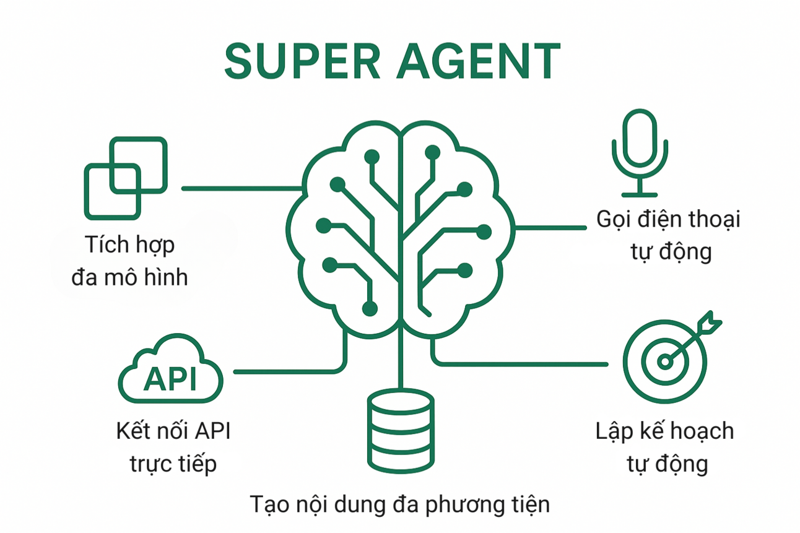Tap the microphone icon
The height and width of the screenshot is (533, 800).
point(640,152)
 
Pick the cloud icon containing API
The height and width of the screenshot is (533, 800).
point(170,371)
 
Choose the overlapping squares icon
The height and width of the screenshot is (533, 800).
point(126,178)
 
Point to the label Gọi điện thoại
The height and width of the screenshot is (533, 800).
point(668,219)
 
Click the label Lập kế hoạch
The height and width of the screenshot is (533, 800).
point(664,431)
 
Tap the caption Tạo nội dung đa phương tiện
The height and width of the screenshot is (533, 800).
point(400,504)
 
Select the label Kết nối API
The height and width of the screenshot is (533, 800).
point(173,431)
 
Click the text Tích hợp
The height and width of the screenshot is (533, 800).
point(129,244)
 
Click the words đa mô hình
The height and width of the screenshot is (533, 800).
point(129,277)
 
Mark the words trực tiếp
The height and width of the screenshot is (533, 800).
point(173,463)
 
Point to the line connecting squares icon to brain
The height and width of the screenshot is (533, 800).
point(241,188)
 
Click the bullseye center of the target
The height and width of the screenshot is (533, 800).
point(664,362)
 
